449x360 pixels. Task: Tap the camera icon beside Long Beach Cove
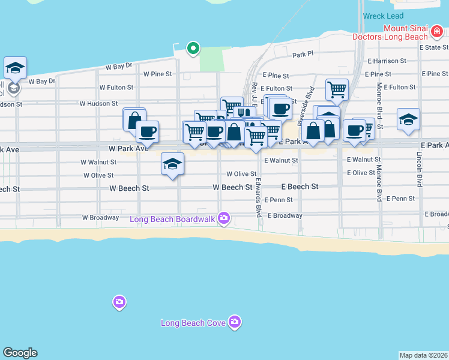coord(235,323)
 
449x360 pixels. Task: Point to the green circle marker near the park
coord(193,48)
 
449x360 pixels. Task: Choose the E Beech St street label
coord(300,187)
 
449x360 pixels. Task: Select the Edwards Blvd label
coord(258,197)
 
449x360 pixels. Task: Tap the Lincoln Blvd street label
coord(420,165)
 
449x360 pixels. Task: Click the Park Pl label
coord(303,54)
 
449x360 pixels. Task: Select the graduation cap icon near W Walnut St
coord(172,164)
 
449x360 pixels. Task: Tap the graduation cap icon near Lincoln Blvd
coord(408,119)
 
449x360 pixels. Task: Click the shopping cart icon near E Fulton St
coord(337,89)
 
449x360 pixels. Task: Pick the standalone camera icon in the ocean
coord(119,301)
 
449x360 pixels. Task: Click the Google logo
coord(20,353)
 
